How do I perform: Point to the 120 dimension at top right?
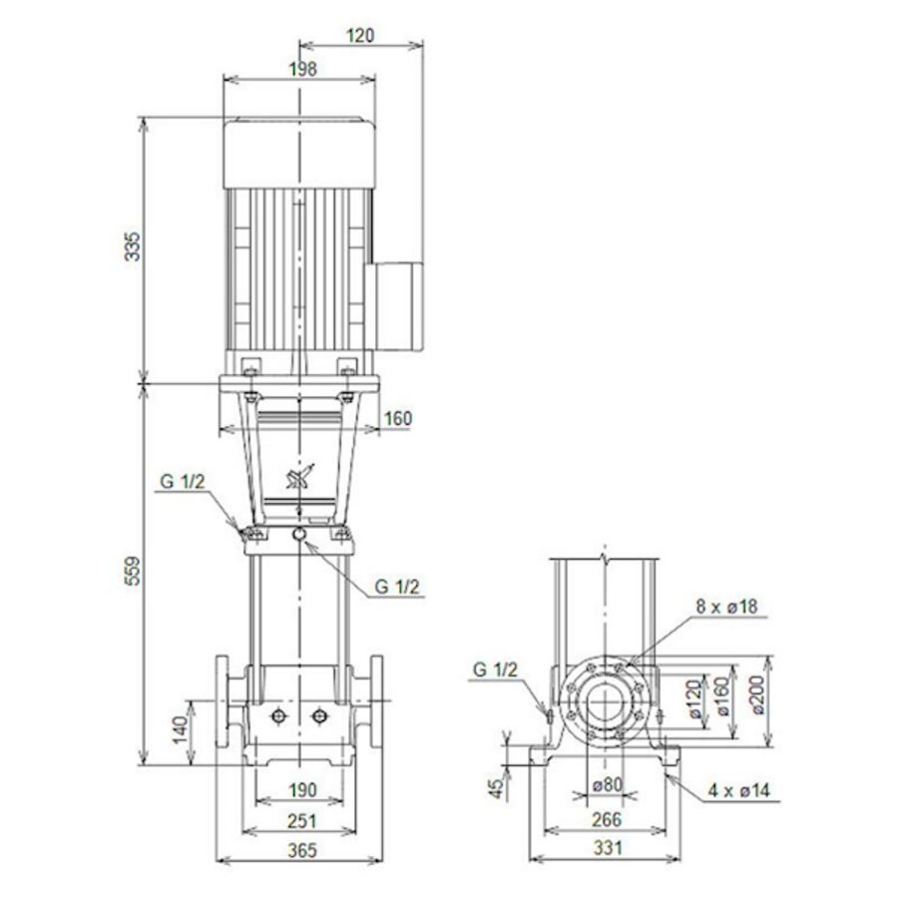pos(361,35)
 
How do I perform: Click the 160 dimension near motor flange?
pos(397,419)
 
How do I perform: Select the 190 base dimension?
pos(303,790)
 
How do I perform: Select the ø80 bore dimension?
pos(606,785)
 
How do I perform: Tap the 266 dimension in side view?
pos(606,820)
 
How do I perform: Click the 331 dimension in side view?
pos(606,850)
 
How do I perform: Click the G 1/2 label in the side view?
pos(497,670)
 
